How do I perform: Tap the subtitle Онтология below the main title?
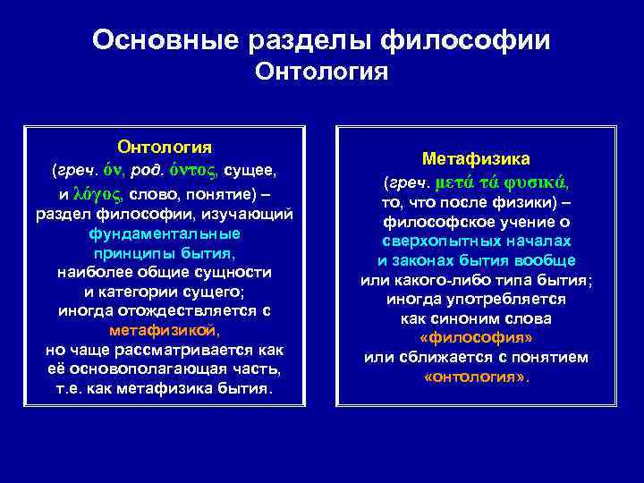[321, 71]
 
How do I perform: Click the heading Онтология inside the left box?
[165, 146]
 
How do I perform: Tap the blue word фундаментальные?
[165, 233]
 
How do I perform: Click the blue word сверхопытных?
[434, 241]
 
